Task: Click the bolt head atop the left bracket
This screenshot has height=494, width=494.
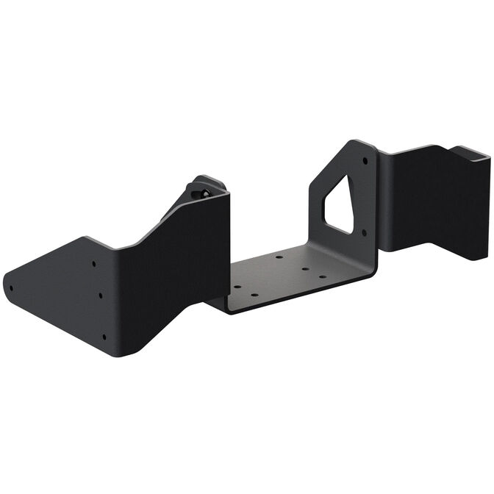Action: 205,193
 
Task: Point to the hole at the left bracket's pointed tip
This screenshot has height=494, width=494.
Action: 10,287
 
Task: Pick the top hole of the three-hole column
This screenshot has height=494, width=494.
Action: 93,262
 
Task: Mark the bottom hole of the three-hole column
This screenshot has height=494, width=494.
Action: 104,337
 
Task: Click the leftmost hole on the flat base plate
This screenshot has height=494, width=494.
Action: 237,288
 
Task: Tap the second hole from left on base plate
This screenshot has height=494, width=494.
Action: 254,295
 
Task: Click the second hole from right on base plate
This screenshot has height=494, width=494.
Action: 304,269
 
